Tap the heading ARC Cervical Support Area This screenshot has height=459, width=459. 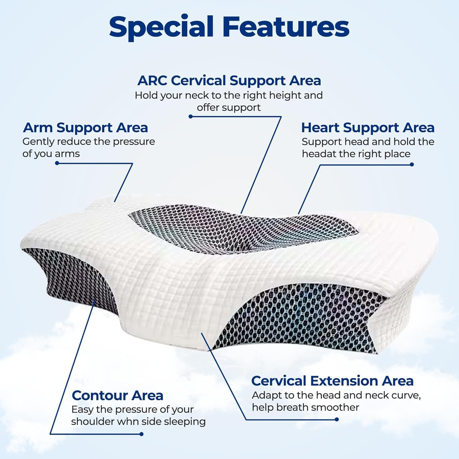(x=229, y=80)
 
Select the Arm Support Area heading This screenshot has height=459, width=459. (x=85, y=128)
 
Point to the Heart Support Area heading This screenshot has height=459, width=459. (x=368, y=128)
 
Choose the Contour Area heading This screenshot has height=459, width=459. (x=118, y=395)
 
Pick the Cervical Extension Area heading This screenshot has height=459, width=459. (x=332, y=381)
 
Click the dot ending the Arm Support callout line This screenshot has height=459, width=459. (x=57, y=163)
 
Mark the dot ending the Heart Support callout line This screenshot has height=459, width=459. (x=412, y=164)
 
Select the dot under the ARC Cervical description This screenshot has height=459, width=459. (x=190, y=116)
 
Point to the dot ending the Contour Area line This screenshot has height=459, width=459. (x=141, y=434)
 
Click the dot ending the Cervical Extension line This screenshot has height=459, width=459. (x=337, y=419)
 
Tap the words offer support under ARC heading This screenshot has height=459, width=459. (x=229, y=107)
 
